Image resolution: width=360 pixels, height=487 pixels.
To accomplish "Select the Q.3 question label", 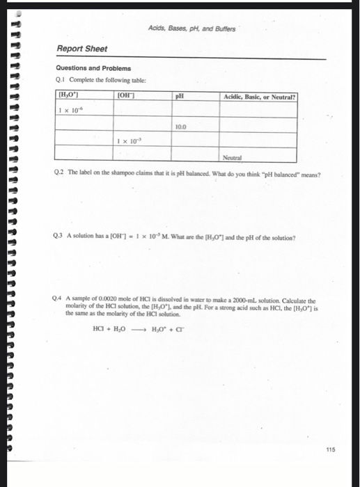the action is [x=61, y=238].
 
